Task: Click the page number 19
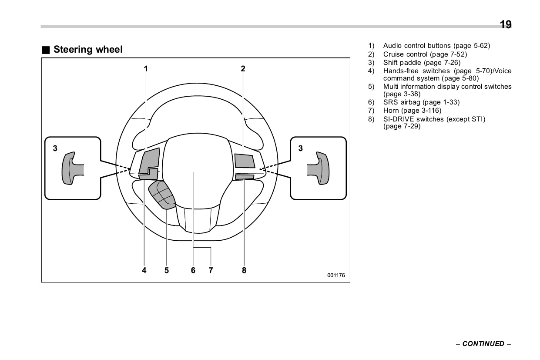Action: point(506,25)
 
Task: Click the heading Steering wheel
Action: point(88,50)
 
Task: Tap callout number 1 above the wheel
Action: point(146,68)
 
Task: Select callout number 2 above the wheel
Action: point(243,68)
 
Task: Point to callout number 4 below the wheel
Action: point(144,270)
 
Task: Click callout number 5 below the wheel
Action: point(167,270)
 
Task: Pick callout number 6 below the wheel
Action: point(193,270)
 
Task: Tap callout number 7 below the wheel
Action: point(211,270)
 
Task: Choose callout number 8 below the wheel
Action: point(244,270)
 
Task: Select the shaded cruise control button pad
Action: point(244,161)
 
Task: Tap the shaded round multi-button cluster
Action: point(162,196)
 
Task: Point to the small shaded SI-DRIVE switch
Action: point(244,177)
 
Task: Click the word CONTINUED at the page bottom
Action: point(483,344)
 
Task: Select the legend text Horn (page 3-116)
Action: point(412,111)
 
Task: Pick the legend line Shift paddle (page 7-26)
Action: point(422,63)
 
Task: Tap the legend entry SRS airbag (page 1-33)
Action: point(421,102)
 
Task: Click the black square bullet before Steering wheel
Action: point(46,50)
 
